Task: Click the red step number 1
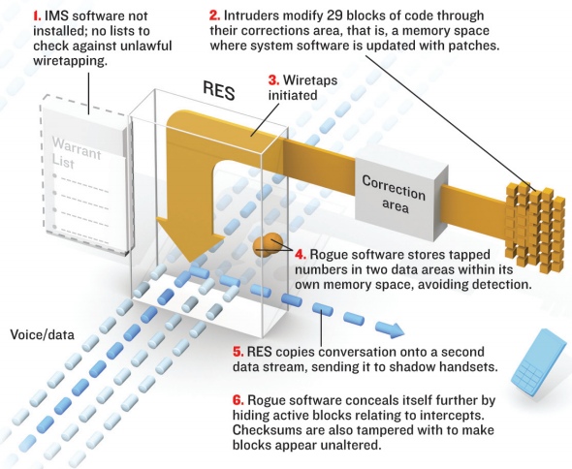(x=37, y=16)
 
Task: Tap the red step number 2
(x=215, y=16)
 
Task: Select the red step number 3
(x=273, y=79)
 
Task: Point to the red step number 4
(x=301, y=254)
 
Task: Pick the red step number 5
(x=238, y=352)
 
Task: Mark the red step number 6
(x=238, y=400)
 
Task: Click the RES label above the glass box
(x=218, y=90)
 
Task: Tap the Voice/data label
(x=42, y=334)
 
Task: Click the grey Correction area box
(x=401, y=199)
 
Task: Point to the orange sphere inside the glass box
(x=269, y=245)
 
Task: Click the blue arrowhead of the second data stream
(x=391, y=329)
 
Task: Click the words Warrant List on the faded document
(x=76, y=153)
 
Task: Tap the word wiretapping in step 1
(x=70, y=61)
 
